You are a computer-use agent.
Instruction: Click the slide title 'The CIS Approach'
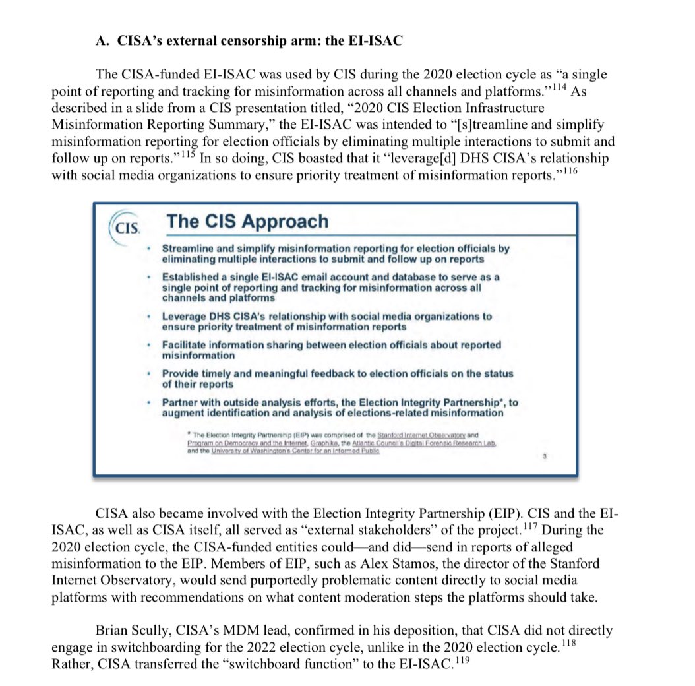247,221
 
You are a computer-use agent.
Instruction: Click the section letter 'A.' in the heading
101,40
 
